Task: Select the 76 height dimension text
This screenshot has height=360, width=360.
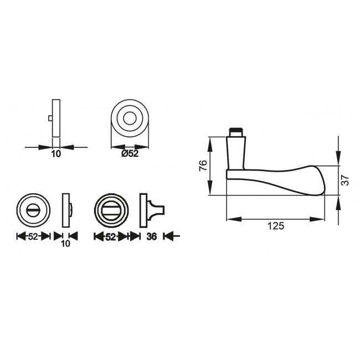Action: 203,166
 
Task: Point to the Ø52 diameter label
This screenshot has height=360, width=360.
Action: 130,155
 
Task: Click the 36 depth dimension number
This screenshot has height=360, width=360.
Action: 153,236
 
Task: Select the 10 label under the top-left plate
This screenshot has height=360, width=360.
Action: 55,155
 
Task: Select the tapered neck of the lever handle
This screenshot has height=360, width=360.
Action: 236,152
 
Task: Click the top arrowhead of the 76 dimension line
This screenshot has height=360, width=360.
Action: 210,140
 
